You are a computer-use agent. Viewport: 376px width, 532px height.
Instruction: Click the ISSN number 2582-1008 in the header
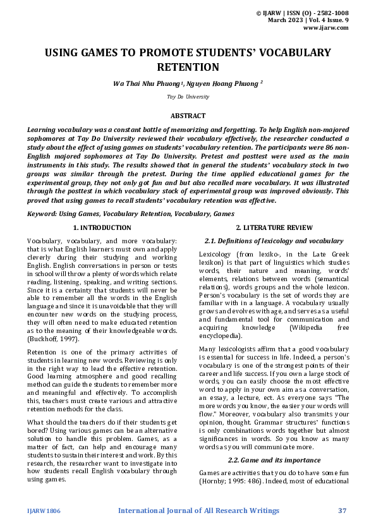tap(330, 13)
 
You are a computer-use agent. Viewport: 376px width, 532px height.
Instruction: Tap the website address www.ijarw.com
tap(325, 28)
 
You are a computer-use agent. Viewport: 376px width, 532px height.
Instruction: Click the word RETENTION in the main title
tap(188, 67)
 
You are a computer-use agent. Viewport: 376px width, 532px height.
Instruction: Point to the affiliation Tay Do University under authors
tap(188, 97)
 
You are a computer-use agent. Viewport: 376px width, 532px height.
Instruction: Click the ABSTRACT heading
tap(188, 116)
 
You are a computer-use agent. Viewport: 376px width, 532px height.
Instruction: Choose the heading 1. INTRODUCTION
tap(102, 227)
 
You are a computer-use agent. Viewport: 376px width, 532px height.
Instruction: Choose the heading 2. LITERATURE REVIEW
tap(273, 227)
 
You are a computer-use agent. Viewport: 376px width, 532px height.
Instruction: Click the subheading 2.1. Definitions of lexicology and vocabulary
tap(274, 241)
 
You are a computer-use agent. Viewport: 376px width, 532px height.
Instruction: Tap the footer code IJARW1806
tap(44, 511)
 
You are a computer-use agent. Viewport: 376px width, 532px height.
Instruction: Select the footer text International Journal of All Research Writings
tap(198, 511)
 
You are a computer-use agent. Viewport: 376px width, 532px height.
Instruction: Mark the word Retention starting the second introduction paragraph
tap(42, 351)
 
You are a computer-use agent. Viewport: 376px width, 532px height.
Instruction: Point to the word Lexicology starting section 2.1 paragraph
tap(216, 253)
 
